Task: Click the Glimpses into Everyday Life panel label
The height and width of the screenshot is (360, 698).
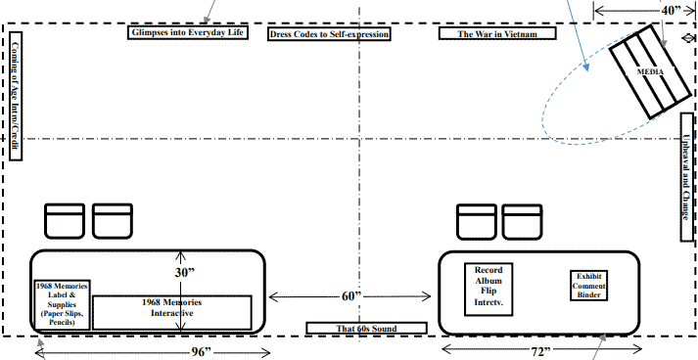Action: [x=185, y=33]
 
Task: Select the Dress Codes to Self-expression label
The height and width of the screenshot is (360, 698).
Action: [x=329, y=33]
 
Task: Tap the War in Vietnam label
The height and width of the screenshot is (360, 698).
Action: [x=497, y=33]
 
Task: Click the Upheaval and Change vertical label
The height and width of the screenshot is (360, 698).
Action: [x=687, y=176]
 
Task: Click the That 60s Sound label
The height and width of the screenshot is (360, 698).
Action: [x=367, y=328]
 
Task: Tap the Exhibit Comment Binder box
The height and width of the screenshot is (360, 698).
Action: [x=588, y=285]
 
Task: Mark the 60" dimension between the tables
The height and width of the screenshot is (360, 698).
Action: [x=352, y=295]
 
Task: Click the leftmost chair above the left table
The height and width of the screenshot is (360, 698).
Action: [x=66, y=220]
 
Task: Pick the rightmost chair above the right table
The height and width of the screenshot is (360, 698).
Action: [x=521, y=220]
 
